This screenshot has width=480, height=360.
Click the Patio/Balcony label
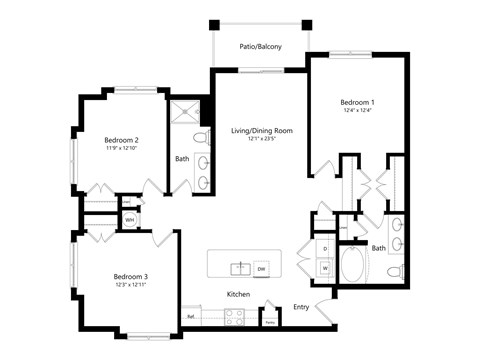259,46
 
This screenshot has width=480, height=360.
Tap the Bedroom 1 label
357,102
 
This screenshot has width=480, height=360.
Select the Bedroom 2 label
121,140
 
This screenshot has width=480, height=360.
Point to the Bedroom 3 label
130,276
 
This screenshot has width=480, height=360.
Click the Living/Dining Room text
261,131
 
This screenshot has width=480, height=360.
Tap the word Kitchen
238,294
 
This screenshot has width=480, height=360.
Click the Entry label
301,307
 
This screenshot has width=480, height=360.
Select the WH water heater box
129,219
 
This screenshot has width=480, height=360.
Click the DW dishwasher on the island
260,268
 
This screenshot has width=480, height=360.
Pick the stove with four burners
234,317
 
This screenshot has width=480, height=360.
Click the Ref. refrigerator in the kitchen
190,317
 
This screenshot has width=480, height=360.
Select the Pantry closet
269,317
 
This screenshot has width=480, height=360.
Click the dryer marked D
326,248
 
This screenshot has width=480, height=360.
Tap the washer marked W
326,268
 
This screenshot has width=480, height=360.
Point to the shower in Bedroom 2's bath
185,114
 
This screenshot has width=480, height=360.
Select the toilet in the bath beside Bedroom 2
200,136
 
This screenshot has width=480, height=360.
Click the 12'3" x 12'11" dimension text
130,286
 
